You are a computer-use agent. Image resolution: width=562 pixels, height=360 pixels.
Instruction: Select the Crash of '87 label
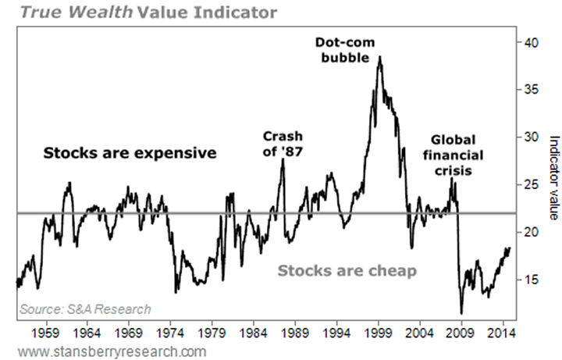(283, 144)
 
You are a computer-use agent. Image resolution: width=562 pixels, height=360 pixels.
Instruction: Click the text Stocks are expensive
(129, 152)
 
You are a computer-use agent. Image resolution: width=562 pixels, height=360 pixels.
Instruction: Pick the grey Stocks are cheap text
(347, 271)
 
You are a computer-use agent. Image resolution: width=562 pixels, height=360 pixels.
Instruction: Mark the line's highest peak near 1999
(379, 57)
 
